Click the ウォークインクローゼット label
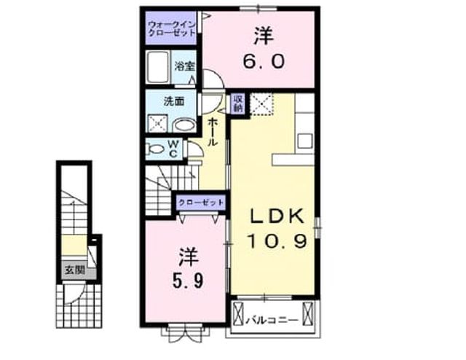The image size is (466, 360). (172, 28)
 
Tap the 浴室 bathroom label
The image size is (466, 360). (184, 66)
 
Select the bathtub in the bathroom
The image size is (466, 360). (159, 67)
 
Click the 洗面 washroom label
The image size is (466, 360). (174, 101)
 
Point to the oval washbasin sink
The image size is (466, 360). (184, 125)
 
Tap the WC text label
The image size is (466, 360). (174, 149)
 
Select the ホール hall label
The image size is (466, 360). (212, 131)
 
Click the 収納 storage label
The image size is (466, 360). (238, 103)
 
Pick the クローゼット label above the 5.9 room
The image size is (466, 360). (201, 203)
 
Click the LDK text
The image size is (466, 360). (277, 216)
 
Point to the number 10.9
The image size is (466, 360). (277, 241)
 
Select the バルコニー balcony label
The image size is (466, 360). (272, 321)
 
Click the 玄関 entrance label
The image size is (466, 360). (75, 270)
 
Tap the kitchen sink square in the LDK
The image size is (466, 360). (304, 141)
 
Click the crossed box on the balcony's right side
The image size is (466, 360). (308, 313)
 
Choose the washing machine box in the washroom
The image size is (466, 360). (157, 123)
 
